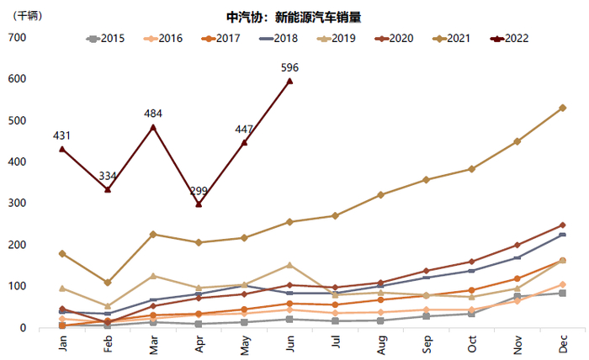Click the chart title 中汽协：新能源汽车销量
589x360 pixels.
point(294,17)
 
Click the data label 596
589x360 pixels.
point(290,67)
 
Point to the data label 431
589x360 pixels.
point(61,135)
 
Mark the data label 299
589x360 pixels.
point(199,191)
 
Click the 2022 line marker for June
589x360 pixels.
point(290,81)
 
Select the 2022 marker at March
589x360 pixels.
point(153,127)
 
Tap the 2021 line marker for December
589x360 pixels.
point(562,108)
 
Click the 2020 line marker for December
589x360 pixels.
point(562,225)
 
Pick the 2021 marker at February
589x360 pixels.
point(107,283)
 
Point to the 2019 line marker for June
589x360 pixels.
point(290,265)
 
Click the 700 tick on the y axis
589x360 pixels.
point(17,38)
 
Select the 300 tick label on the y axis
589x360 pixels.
point(17,204)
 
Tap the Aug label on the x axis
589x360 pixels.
point(381,345)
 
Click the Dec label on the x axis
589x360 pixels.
point(562,345)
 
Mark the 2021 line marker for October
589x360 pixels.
point(472,169)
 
